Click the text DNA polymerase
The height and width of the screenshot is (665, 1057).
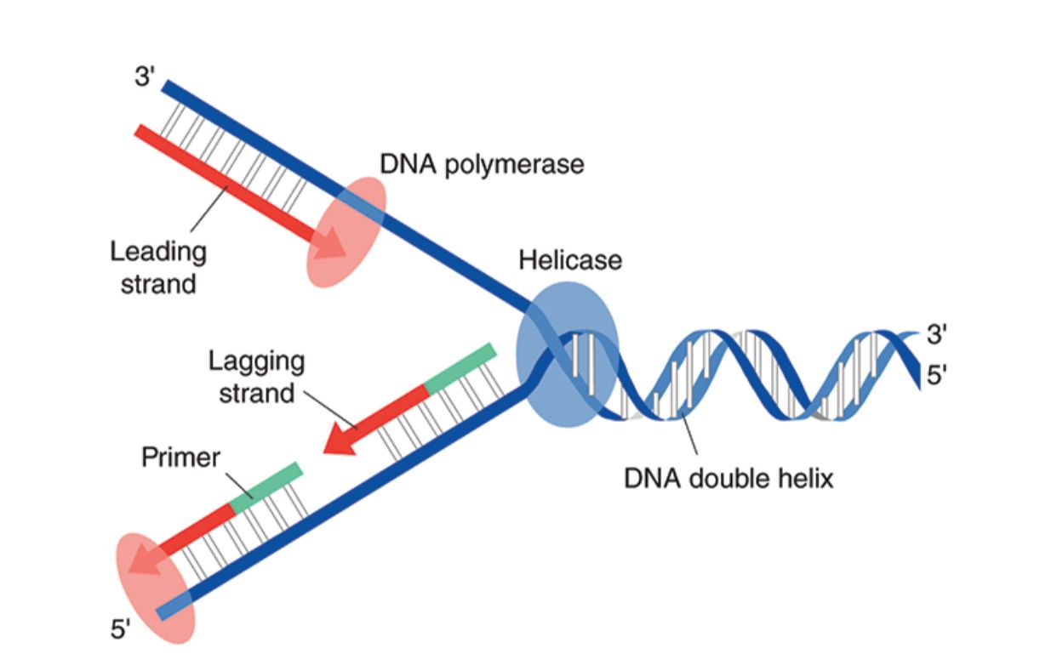(x=482, y=163)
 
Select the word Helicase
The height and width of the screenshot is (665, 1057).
(x=570, y=260)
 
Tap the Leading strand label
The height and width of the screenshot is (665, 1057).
(x=158, y=267)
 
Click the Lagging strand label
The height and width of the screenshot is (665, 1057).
(x=256, y=377)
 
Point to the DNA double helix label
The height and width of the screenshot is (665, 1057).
(x=728, y=478)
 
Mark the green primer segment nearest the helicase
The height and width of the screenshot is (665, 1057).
(x=460, y=369)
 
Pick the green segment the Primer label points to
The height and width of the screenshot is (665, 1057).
(x=266, y=487)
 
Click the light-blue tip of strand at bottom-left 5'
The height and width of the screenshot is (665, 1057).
(x=169, y=609)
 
